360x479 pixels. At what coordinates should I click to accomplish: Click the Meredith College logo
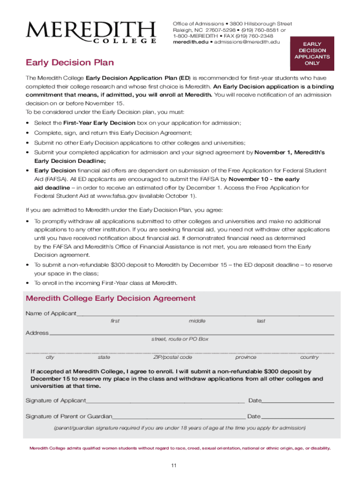tap(91, 32)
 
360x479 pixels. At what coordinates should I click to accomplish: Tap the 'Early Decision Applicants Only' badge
tap(312, 53)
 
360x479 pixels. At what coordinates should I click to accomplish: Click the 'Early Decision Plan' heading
tap(70, 63)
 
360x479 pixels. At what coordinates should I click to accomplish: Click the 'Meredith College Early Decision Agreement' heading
tap(111, 298)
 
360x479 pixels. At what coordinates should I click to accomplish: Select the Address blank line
tap(191, 334)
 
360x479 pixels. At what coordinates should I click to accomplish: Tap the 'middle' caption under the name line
tap(197, 321)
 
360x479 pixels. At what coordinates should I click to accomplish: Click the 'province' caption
tap(246, 357)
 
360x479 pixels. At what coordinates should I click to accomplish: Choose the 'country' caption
tap(310, 357)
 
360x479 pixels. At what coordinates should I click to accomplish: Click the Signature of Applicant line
tap(166, 402)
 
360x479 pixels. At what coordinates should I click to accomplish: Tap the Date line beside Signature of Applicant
tap(298, 402)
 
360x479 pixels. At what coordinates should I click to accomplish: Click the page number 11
tap(173, 465)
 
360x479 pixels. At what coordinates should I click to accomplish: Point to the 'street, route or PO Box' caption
tap(180, 339)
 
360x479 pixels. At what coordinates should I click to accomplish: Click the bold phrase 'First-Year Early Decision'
tap(93, 123)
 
